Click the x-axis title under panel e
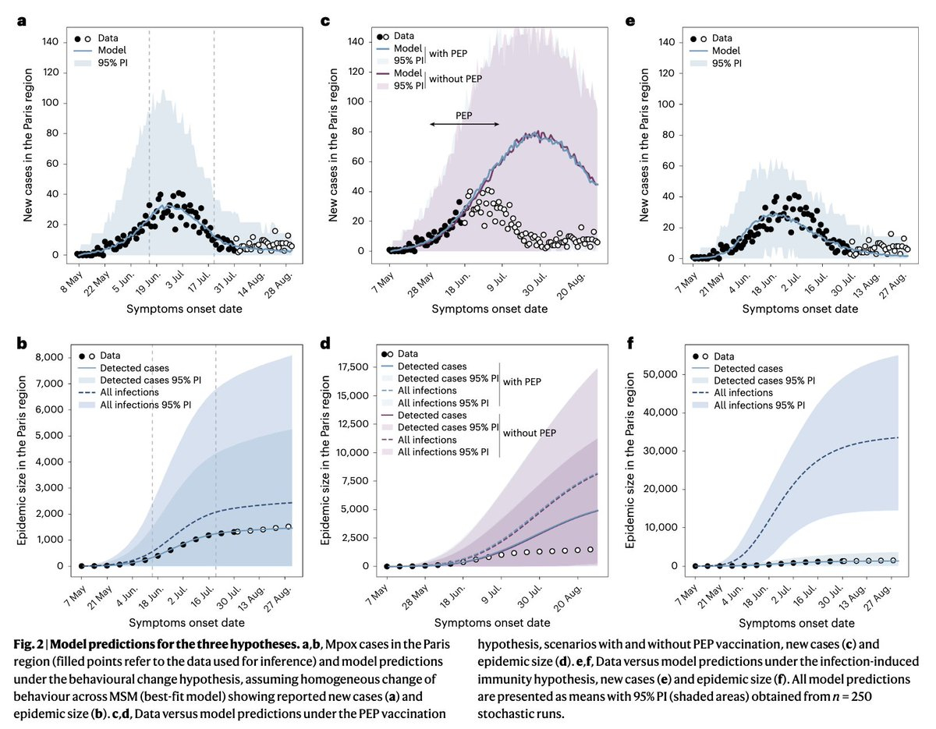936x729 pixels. (799, 310)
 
